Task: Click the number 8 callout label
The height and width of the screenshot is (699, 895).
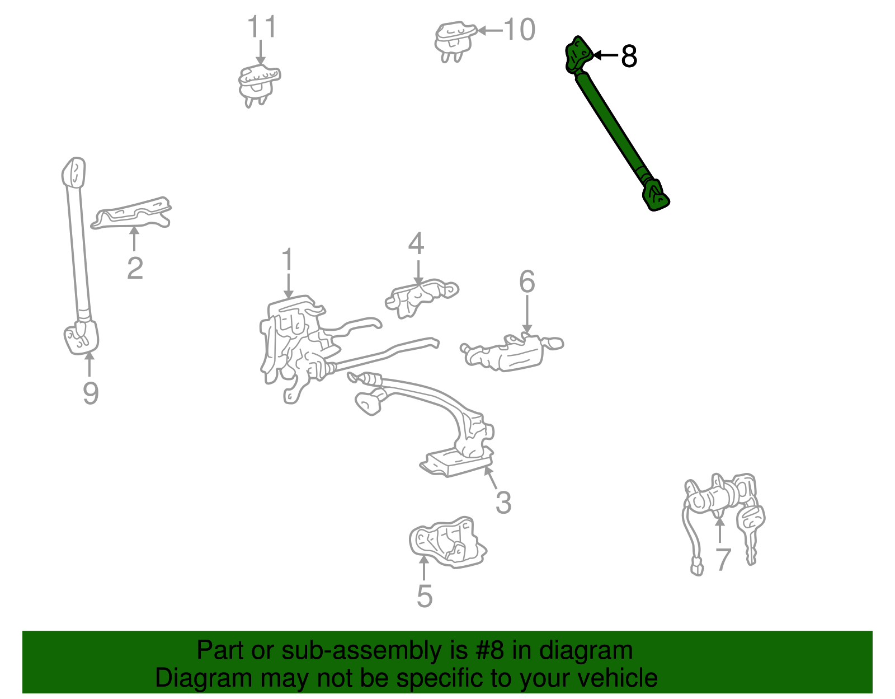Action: click(x=629, y=57)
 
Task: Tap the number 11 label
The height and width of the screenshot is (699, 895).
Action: click(x=262, y=27)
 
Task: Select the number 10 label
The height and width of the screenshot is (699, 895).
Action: click(x=519, y=30)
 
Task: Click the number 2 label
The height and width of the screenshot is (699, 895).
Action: click(x=135, y=269)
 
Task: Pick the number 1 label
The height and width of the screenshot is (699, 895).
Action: click(x=288, y=261)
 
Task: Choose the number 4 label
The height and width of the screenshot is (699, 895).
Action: click(x=416, y=244)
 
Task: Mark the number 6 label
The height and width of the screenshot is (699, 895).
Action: click(x=527, y=282)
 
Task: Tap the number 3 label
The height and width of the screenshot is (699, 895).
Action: click(x=503, y=502)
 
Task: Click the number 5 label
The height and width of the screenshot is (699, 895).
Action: click(x=425, y=596)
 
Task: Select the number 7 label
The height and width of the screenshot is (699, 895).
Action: click(x=723, y=560)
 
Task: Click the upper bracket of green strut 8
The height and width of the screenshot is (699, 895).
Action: click(x=578, y=54)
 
